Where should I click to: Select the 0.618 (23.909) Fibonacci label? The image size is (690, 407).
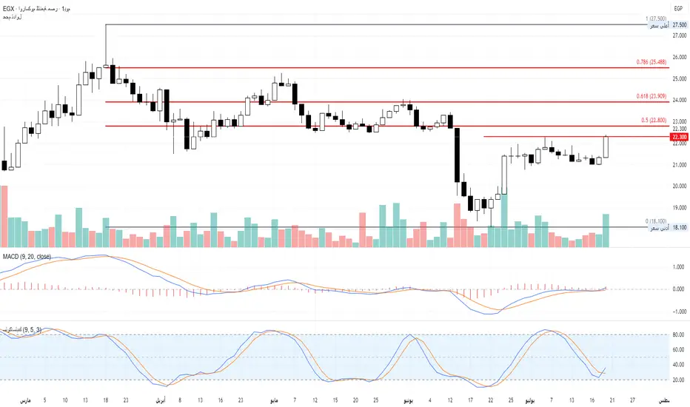point(649,97)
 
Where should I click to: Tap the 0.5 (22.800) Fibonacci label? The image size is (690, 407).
point(652,121)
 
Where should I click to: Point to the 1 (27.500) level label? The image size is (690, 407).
point(656,18)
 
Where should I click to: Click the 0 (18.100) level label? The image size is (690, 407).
point(656,221)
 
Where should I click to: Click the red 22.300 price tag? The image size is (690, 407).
point(678,137)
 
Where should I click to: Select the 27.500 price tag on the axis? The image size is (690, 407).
point(679,24)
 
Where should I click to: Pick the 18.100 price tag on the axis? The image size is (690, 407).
point(679,228)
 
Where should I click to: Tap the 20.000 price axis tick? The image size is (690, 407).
point(679,186)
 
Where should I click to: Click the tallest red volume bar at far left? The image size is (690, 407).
point(4,216)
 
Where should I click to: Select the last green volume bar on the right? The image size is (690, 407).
point(606,230)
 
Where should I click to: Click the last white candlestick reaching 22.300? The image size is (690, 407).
point(606,147)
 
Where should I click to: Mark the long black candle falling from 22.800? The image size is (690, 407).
point(457,155)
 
